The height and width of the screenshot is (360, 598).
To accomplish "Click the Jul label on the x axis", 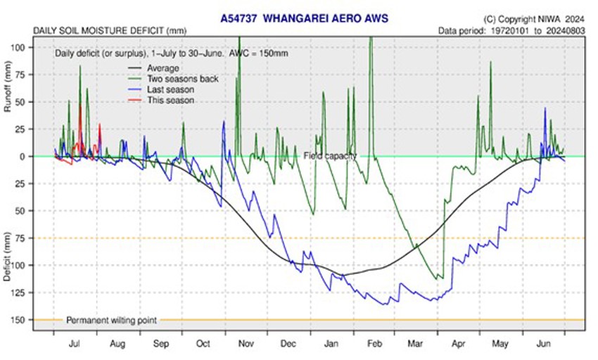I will click(x=75, y=345).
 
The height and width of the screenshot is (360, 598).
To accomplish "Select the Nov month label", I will click(x=246, y=345).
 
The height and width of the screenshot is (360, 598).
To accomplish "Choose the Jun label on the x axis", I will click(x=543, y=345).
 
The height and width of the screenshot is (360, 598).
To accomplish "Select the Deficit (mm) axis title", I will click(x=8, y=257).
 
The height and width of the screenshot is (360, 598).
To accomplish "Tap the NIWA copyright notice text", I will click(x=534, y=18).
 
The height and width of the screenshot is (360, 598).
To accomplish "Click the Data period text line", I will click(x=511, y=31).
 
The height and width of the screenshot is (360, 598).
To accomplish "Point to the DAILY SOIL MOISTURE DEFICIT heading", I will click(x=108, y=31).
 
